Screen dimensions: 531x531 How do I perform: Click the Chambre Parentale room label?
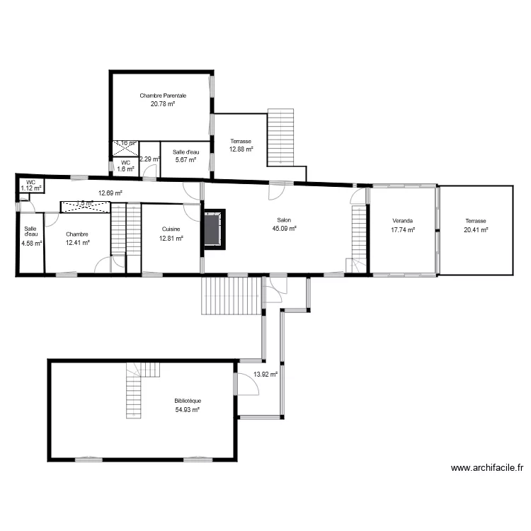coord(163,96)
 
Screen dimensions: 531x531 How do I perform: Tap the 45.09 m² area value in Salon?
coord(284,229)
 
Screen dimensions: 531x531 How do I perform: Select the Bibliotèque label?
coord(188,401)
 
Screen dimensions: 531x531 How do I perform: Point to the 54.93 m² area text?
coord(188,409)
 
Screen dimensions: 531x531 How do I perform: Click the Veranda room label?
coord(402,220)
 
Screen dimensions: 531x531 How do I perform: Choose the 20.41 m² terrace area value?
coord(476,229)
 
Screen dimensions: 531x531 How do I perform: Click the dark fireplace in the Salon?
coord(214,229)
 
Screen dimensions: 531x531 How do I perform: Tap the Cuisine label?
coord(171,229)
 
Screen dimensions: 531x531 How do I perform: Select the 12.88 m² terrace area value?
coord(241,149)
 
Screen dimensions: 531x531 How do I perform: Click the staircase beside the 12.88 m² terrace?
coord(280,137)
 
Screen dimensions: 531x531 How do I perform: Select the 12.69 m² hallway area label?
coord(110,193)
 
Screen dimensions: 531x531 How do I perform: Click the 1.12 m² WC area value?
coord(30,188)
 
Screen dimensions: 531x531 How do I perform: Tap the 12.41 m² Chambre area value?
coord(77,243)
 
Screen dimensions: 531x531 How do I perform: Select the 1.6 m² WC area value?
coord(125,169)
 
